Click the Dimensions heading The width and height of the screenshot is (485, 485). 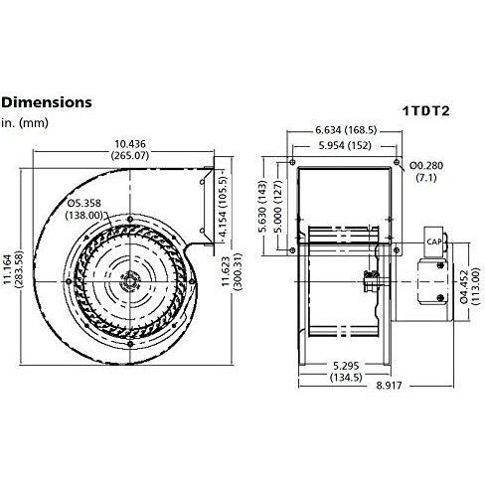click(47, 102)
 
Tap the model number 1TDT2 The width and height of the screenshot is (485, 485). click(426, 110)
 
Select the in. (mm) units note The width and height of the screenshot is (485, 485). click(25, 123)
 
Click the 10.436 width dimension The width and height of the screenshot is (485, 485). click(130, 149)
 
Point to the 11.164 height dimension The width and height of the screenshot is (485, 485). click(12, 269)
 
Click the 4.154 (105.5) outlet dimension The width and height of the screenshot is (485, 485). click(224, 207)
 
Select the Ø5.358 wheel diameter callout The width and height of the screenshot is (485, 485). click(84, 209)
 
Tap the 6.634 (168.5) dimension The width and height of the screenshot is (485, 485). click(346, 130)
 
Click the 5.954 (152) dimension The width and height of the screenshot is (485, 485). click(345, 145)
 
